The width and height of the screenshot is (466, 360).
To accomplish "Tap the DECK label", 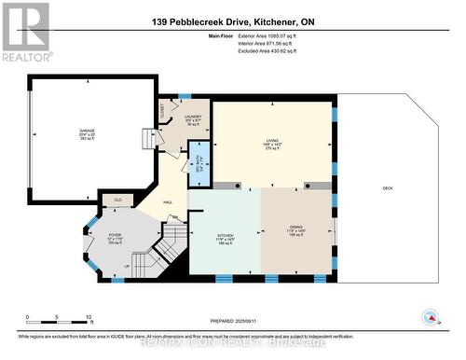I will point(388,188).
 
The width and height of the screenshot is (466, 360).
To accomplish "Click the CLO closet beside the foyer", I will point(117,199).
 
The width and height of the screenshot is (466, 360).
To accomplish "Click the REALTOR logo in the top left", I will point(25,32).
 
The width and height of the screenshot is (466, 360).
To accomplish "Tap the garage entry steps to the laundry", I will point(146,139).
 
